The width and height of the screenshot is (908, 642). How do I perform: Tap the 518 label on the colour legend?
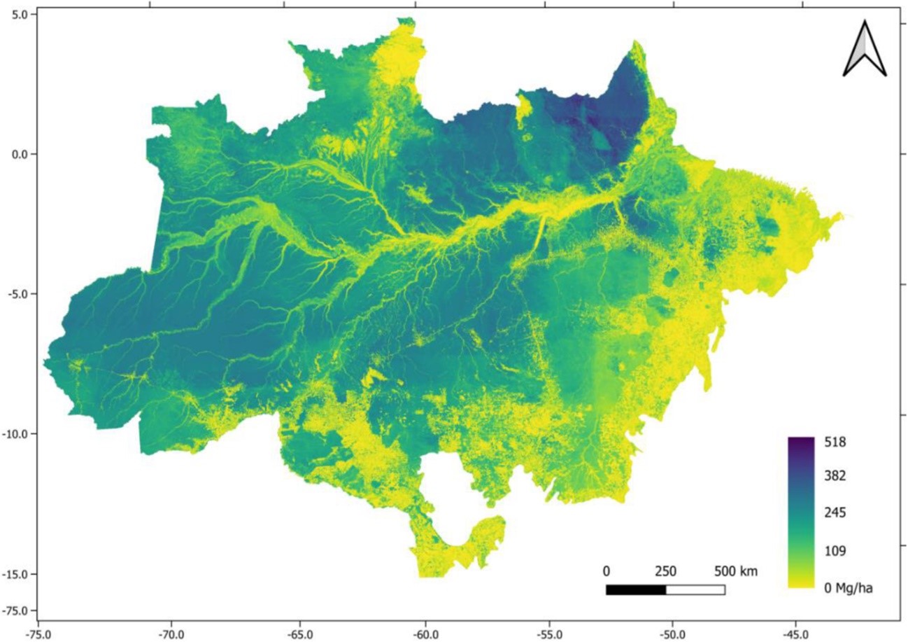click(x=835, y=442)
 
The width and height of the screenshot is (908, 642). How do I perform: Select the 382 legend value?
click(x=835, y=476)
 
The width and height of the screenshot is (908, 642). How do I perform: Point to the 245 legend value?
click(x=835, y=513)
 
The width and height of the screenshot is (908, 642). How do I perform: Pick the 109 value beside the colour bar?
click(x=835, y=552)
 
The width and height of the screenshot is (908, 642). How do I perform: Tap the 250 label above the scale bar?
click(x=665, y=571)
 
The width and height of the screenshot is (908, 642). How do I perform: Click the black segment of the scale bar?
click(x=635, y=589)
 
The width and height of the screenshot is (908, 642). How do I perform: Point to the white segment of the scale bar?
click(x=695, y=589)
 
